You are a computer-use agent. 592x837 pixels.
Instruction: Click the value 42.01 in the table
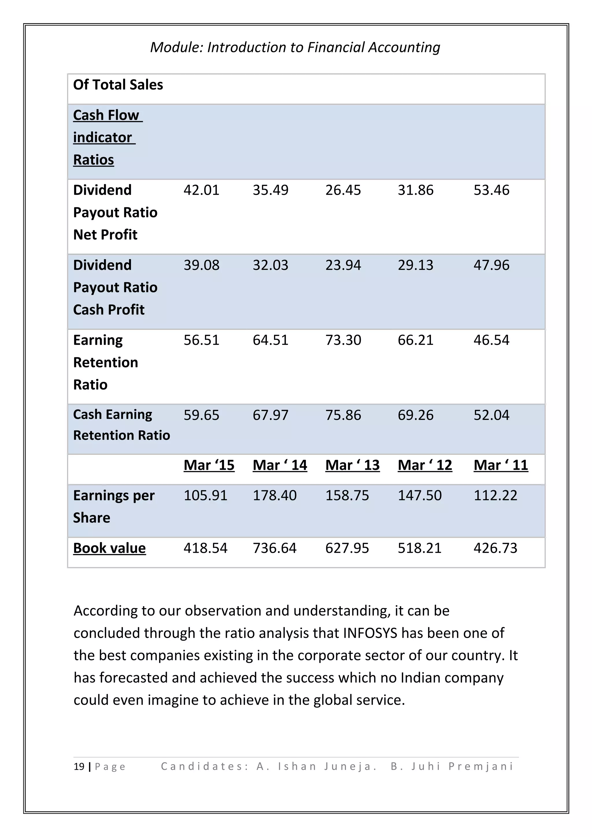coord(201,190)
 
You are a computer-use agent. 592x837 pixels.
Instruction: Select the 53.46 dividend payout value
coord(491,190)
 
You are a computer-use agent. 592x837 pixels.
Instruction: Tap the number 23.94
coord(343,265)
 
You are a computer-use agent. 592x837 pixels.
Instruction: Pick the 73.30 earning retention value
coord(343,340)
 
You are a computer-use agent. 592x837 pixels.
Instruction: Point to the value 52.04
coord(491,415)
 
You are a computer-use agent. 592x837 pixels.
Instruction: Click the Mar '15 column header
coord(209,465)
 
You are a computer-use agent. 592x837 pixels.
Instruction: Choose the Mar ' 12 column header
coord(425,465)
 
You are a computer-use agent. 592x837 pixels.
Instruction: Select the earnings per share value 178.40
coord(275,495)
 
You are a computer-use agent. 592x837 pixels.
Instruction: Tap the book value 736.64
coord(275,548)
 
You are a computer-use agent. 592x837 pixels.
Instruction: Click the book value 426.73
coord(495,548)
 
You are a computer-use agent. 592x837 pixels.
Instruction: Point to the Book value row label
coord(110,548)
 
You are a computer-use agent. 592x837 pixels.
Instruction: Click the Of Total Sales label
coord(118,85)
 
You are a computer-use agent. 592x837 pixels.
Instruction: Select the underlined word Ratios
coord(94,160)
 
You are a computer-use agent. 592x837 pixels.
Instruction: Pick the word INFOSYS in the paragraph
coord(370,633)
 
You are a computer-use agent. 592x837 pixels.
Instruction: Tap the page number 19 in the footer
coord(79,767)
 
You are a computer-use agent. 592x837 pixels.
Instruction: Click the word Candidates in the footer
coord(204,767)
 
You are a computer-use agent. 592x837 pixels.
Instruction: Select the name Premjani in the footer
coord(481,767)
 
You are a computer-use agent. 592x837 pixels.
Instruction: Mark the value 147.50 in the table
coord(419,495)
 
